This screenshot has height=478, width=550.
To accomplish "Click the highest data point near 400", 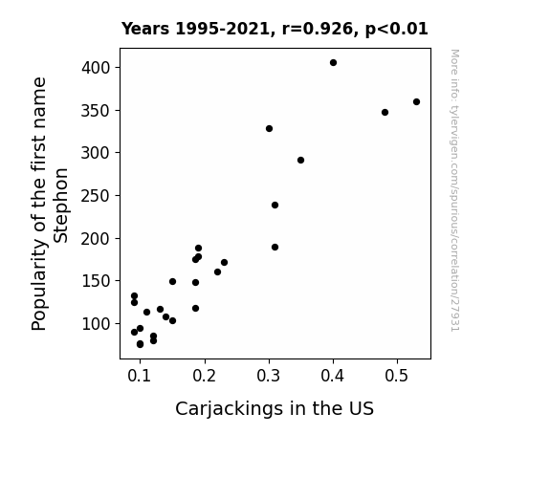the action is pyautogui.click(x=333, y=63).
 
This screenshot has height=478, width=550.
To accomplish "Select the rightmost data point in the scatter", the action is pyautogui.click(x=416, y=102).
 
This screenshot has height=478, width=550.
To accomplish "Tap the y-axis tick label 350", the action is pyautogui.click(x=96, y=111).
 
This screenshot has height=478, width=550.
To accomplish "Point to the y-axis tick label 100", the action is pyautogui.click(x=96, y=324).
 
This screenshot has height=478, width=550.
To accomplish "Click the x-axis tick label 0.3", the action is pyautogui.click(x=269, y=376).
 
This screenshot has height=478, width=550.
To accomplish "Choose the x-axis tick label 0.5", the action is pyautogui.click(x=397, y=376).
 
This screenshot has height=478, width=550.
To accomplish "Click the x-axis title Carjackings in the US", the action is pyautogui.click(x=275, y=409).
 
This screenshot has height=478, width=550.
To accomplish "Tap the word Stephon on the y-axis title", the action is pyautogui.click(x=60, y=206).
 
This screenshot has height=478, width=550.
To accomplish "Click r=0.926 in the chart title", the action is pyautogui.click(x=318, y=29).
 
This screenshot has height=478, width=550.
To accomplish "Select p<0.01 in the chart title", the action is pyautogui.click(x=397, y=29).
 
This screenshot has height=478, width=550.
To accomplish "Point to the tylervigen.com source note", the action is pyautogui.click(x=455, y=190).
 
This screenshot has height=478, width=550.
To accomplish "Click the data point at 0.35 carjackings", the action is pyautogui.click(x=300, y=161).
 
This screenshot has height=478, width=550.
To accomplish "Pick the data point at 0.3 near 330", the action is pyautogui.click(x=269, y=129).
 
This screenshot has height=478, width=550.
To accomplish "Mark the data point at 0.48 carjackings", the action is pyautogui.click(x=385, y=113).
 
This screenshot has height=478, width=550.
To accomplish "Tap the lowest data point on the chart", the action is pyautogui.click(x=140, y=344).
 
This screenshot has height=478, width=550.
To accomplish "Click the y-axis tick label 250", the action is pyautogui.click(x=96, y=196).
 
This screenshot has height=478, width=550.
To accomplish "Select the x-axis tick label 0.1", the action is pyautogui.click(x=140, y=376).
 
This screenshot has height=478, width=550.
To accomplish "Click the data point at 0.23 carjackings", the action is pyautogui.click(x=224, y=263).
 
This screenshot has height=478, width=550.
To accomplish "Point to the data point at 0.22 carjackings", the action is pyautogui.click(x=217, y=272).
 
